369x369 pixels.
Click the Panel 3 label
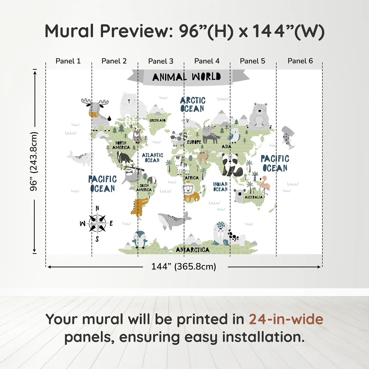[161, 61]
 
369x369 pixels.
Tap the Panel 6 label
[300, 61]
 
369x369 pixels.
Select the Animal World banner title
[187, 77]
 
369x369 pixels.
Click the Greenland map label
[157, 120]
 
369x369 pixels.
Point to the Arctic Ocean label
[193, 104]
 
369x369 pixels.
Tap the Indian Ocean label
[220, 187]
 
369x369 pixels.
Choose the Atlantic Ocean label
[152, 158]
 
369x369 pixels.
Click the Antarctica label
[193, 250]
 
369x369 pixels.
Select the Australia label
[254, 197]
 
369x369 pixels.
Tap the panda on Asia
[231, 164]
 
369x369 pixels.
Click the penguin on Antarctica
[140, 240]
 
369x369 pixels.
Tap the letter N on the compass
[97, 208]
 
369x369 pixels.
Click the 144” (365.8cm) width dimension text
[184, 266]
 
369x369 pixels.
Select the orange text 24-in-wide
[286, 319]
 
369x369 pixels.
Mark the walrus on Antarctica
[221, 234]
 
